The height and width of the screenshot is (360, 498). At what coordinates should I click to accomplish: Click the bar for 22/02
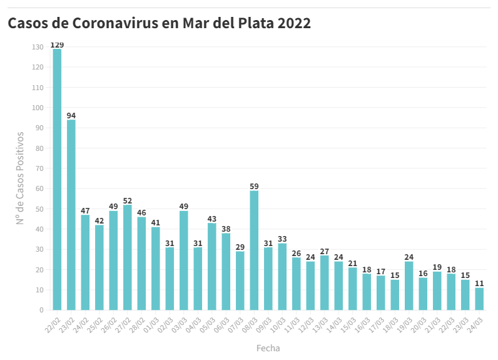click(x=57, y=179)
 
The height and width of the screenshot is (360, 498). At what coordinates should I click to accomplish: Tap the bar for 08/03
click(x=254, y=250)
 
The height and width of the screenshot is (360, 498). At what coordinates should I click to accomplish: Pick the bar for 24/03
click(x=479, y=299)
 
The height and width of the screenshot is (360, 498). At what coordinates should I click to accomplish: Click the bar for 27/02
click(x=128, y=257)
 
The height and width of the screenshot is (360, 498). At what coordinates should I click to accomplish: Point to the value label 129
click(x=57, y=45)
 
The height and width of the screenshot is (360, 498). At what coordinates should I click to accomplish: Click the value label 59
click(x=254, y=186)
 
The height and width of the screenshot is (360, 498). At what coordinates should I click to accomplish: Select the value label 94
click(x=71, y=116)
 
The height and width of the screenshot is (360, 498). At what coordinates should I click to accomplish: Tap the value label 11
click(x=479, y=283)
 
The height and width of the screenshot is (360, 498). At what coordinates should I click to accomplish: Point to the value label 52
click(x=128, y=200)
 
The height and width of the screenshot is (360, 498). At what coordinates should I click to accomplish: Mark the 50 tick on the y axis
click(x=39, y=209)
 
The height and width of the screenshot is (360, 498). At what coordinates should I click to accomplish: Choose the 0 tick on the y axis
click(x=41, y=310)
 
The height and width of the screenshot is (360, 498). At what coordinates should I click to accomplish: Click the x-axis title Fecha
click(x=268, y=347)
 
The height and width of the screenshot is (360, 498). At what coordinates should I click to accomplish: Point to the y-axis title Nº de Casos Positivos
click(x=21, y=178)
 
